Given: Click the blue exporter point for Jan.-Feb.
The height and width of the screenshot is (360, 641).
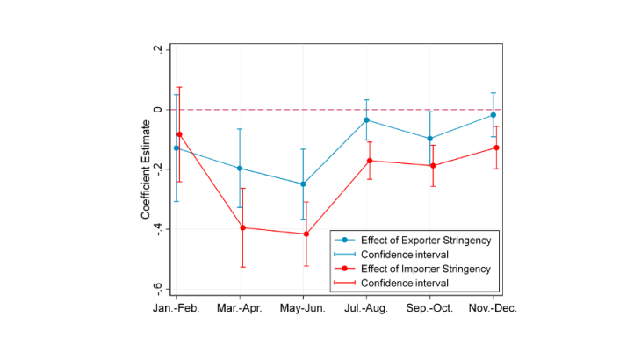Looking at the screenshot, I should tap(176, 148).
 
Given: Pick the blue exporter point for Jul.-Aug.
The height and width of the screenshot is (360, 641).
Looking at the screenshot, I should tap(366, 119).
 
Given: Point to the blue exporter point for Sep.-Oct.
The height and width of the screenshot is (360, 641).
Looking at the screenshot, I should tap(429, 139).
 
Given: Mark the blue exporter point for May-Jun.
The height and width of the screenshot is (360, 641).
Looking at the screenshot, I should tap(303, 184).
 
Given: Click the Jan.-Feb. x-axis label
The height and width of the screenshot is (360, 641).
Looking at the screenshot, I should tap(176, 309).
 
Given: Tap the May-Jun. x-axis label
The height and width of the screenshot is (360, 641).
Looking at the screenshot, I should tap(304, 309).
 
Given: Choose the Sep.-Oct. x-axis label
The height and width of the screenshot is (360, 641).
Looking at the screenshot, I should tap(430, 309).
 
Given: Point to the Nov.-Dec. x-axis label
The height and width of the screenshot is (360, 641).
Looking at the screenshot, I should tap(493, 309).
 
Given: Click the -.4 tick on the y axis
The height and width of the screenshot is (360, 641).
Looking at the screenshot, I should tap(157, 228).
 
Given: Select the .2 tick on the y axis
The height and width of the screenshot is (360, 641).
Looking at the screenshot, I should tap(157, 50).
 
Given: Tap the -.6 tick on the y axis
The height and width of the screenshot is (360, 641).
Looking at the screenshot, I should tap(157, 288).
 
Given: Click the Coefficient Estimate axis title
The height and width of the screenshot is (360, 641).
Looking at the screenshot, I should tap(144, 169).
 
